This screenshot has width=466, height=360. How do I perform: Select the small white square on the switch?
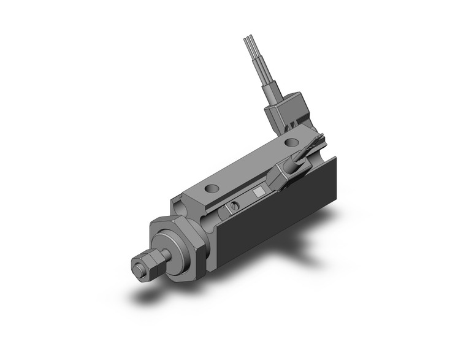259,193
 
